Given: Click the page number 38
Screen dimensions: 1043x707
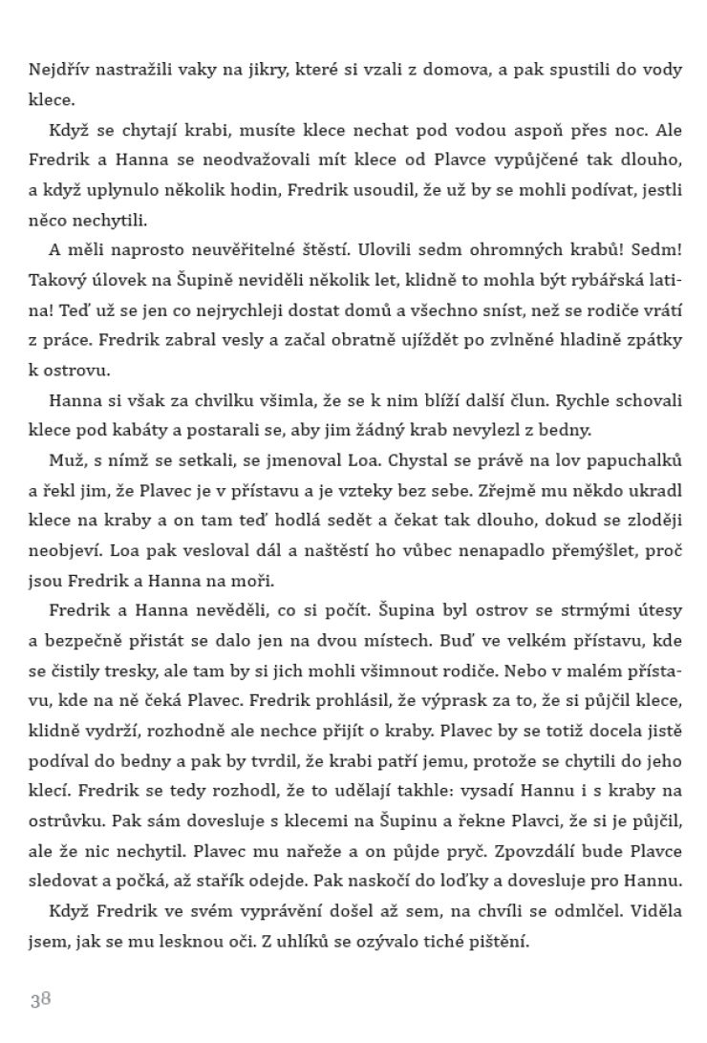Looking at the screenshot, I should (x=39, y=999).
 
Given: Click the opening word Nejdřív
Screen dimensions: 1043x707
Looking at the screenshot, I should (x=58, y=68).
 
